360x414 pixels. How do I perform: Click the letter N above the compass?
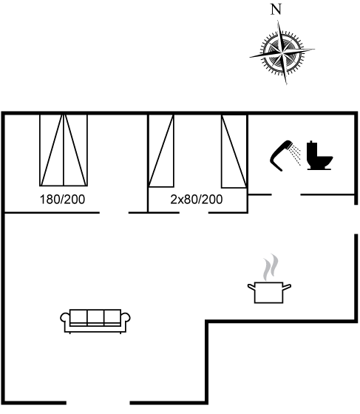point(276,10)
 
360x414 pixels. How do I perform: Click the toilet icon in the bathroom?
point(319,155)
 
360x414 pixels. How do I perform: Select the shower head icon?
point(285,156)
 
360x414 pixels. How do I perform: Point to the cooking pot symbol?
point(269,293)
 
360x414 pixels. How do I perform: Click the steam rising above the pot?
point(271,267)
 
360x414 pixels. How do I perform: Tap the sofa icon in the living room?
point(95,321)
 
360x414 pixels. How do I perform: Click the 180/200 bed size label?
point(62,200)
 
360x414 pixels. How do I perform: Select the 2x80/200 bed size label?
point(197,200)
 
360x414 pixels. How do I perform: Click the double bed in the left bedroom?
point(64,150)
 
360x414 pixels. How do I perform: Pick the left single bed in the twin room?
point(161,151)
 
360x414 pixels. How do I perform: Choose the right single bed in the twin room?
point(234,152)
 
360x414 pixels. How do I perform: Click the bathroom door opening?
point(286,195)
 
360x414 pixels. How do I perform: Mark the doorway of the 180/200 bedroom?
point(114,212)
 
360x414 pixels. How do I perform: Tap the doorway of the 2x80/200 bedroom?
point(194,212)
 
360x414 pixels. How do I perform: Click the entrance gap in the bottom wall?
point(98,403)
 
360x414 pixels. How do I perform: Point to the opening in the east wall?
point(356,219)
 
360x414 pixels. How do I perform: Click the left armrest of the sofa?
point(65,317)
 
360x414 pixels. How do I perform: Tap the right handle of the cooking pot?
point(287,287)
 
